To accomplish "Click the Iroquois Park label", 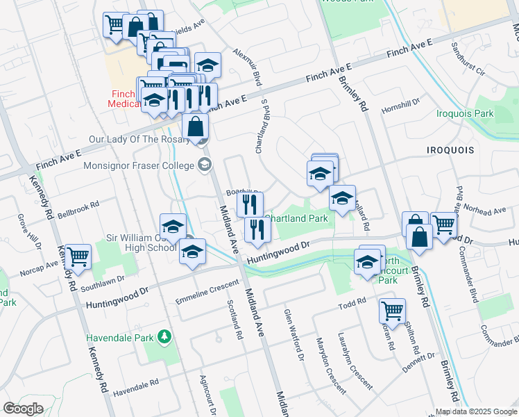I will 465,113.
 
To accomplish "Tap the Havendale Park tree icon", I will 164,338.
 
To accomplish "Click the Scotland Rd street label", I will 235,319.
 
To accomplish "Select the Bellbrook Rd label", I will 78,209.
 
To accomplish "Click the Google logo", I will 23,409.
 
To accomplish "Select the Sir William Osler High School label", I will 140,243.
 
